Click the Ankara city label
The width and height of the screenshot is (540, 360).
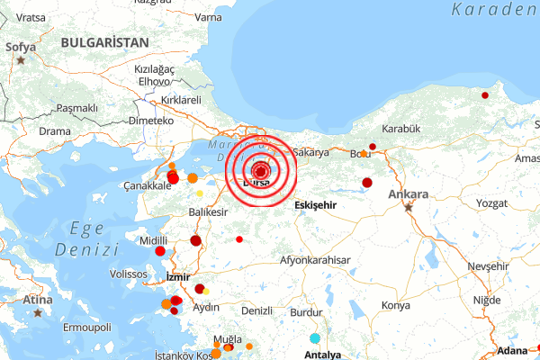[x=409, y=193]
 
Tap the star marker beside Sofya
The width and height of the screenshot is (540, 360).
[x=21, y=60]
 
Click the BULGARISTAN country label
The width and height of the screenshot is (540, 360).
[x=104, y=42]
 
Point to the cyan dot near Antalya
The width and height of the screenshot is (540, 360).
[x=315, y=338]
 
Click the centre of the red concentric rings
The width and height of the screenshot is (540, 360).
[x=261, y=171]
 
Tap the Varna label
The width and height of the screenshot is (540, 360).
[x=208, y=17]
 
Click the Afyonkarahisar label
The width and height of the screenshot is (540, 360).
[x=315, y=260]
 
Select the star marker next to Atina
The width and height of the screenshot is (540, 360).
[x=38, y=313]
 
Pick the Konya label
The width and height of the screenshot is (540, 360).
[x=395, y=306]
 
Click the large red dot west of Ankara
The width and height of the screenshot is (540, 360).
[x=367, y=183]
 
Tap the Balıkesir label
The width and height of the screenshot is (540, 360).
[x=207, y=212]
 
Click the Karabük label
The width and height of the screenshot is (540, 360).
[x=401, y=130]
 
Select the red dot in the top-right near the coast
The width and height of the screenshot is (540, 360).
[x=485, y=94]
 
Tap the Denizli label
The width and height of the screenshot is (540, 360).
[x=257, y=310]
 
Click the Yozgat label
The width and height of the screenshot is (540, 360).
[x=492, y=203]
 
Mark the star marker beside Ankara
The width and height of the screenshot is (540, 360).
[x=409, y=207]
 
